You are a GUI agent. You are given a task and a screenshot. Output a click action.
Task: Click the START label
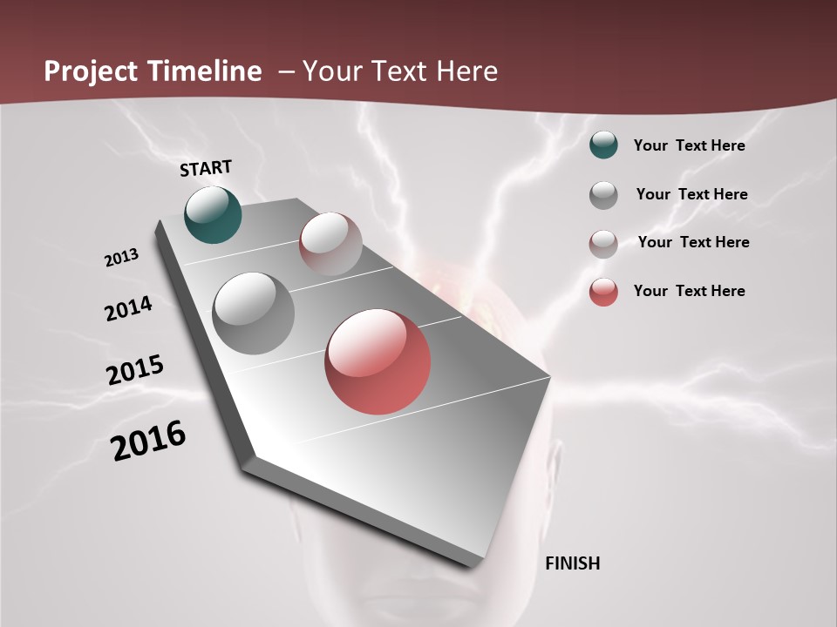point(206,168)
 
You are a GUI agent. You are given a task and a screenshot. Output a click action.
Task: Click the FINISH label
point(572,563)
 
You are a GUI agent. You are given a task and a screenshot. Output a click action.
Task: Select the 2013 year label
point(121,258)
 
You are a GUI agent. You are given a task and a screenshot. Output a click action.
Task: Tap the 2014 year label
point(128,308)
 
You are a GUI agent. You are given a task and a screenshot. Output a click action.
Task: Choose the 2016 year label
point(147,441)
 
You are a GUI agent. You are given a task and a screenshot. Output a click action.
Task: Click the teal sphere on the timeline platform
point(213,214)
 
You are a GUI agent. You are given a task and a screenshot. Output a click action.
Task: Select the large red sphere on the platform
point(378,361)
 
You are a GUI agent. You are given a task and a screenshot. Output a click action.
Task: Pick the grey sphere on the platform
point(253,313)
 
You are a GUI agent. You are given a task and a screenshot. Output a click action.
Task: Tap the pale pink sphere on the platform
point(330,244)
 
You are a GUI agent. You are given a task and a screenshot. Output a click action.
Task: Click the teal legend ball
point(603,145)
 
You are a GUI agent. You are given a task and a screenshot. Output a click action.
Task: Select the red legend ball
point(603,292)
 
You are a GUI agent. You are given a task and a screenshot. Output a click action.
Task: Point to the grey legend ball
point(603,195)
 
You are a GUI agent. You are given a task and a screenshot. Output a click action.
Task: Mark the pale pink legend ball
point(603,244)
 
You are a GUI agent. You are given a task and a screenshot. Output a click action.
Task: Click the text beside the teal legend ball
point(689,145)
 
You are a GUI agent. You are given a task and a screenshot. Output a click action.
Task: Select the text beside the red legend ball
point(689,291)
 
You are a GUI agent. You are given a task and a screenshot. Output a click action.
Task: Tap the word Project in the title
point(90,71)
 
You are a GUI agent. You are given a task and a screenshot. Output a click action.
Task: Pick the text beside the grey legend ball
point(691,194)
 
